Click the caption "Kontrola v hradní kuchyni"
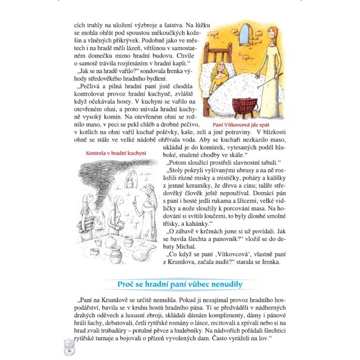(116, 153)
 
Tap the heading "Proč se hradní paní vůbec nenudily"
(180, 284)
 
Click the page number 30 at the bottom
(70, 351)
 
